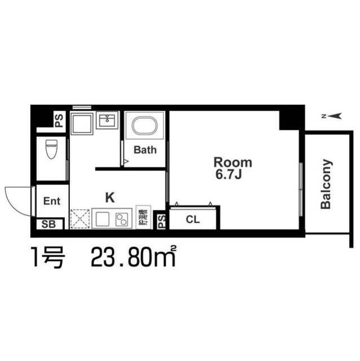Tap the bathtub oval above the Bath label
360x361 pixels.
[x=145, y=125]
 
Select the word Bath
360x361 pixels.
[x=145, y=150]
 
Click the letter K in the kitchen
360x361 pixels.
[x=110, y=197]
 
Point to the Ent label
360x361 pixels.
[x=52, y=201]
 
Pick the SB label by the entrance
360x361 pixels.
[x=48, y=224]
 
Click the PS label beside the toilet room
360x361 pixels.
[x=59, y=120]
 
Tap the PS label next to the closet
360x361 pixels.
[x=161, y=221]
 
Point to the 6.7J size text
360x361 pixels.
[x=228, y=175]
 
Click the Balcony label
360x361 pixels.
[x=326, y=184]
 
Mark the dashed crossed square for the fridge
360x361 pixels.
[x=80, y=219]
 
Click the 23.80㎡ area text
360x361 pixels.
[x=132, y=258]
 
